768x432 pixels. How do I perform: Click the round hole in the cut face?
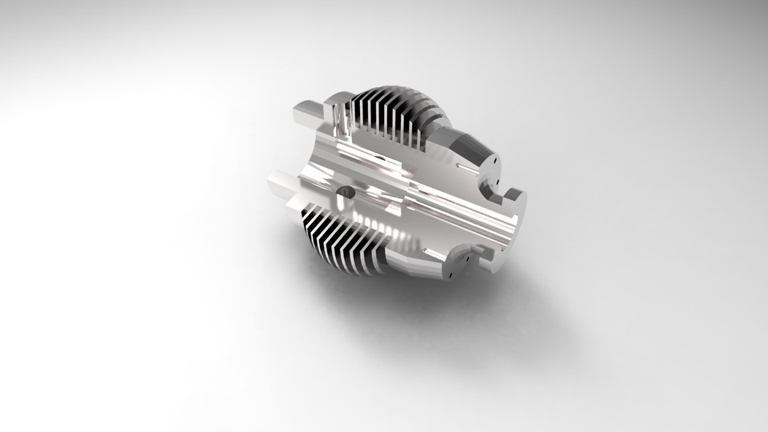pyautogui.click(x=346, y=193)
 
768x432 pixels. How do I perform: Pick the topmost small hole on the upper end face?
pyautogui.click(x=497, y=158)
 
